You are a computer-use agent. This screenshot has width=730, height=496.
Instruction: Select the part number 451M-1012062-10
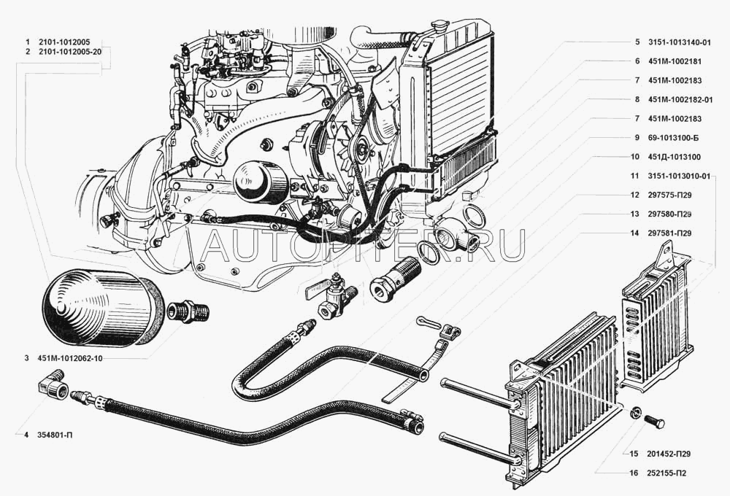[70, 358]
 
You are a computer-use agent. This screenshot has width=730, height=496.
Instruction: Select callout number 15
[634, 454]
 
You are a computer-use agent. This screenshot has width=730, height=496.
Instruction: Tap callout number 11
[634, 176]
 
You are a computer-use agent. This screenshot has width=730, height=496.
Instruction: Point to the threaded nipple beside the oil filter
[190, 310]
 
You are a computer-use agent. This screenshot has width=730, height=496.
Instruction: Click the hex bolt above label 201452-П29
[655, 422]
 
